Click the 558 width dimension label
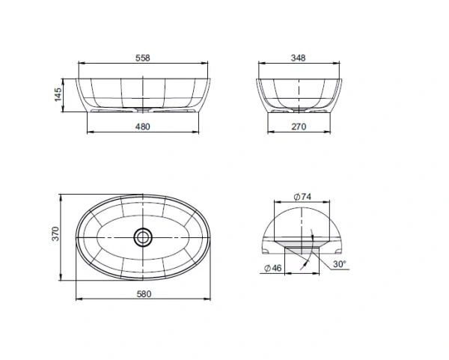[143, 58]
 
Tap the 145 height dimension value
[58, 94]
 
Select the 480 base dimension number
[143, 126]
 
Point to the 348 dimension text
[298, 58]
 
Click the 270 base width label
[299, 126]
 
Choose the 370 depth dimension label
[55, 234]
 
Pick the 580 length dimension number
[144, 294]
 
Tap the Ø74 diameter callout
[302, 197]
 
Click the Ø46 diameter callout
[273, 268]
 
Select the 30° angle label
[340, 264]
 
